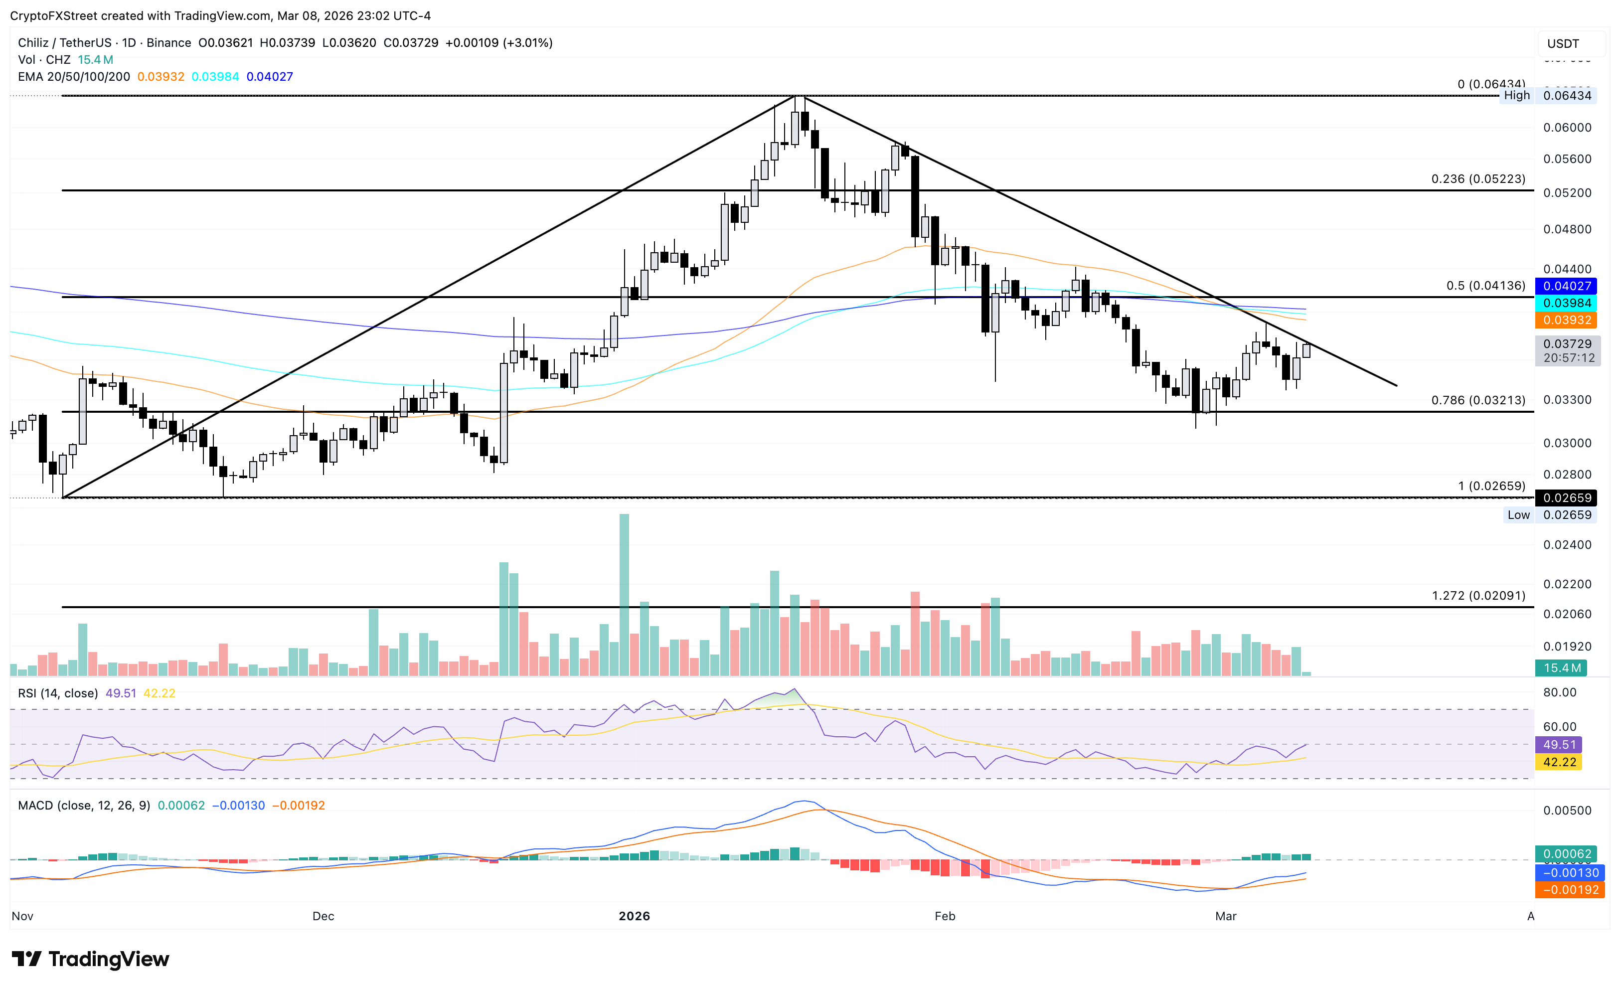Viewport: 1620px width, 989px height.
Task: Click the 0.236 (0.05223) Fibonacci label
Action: pos(1478,179)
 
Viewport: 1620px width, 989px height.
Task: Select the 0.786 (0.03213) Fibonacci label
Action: pos(1478,400)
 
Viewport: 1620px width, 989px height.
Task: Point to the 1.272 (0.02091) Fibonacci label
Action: pos(1478,595)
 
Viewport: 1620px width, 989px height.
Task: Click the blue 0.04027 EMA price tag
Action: pos(1567,286)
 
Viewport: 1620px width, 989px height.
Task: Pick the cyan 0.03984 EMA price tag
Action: pos(1567,303)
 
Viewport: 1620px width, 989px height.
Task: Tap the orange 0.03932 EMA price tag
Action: pos(1567,320)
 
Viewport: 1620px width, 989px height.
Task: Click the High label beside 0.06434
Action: pos(1516,95)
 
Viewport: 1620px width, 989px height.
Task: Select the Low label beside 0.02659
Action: pos(1518,515)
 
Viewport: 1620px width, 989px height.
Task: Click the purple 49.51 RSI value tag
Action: pos(1559,744)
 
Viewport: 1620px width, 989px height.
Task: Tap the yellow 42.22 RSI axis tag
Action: pos(1559,762)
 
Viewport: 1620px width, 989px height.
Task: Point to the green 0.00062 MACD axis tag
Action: pos(1567,853)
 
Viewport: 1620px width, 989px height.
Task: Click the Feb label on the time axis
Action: pos(945,916)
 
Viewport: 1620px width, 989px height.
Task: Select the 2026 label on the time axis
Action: pos(634,916)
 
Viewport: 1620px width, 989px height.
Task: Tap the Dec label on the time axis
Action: pos(323,916)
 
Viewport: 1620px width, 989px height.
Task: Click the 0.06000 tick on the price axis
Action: pos(1567,128)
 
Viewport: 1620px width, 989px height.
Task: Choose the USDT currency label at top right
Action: pos(1563,43)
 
